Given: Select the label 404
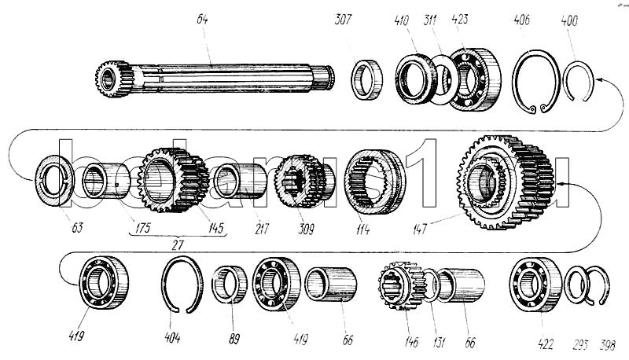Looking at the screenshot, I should (x=173, y=339).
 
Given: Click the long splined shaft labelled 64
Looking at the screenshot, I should (x=212, y=76).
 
